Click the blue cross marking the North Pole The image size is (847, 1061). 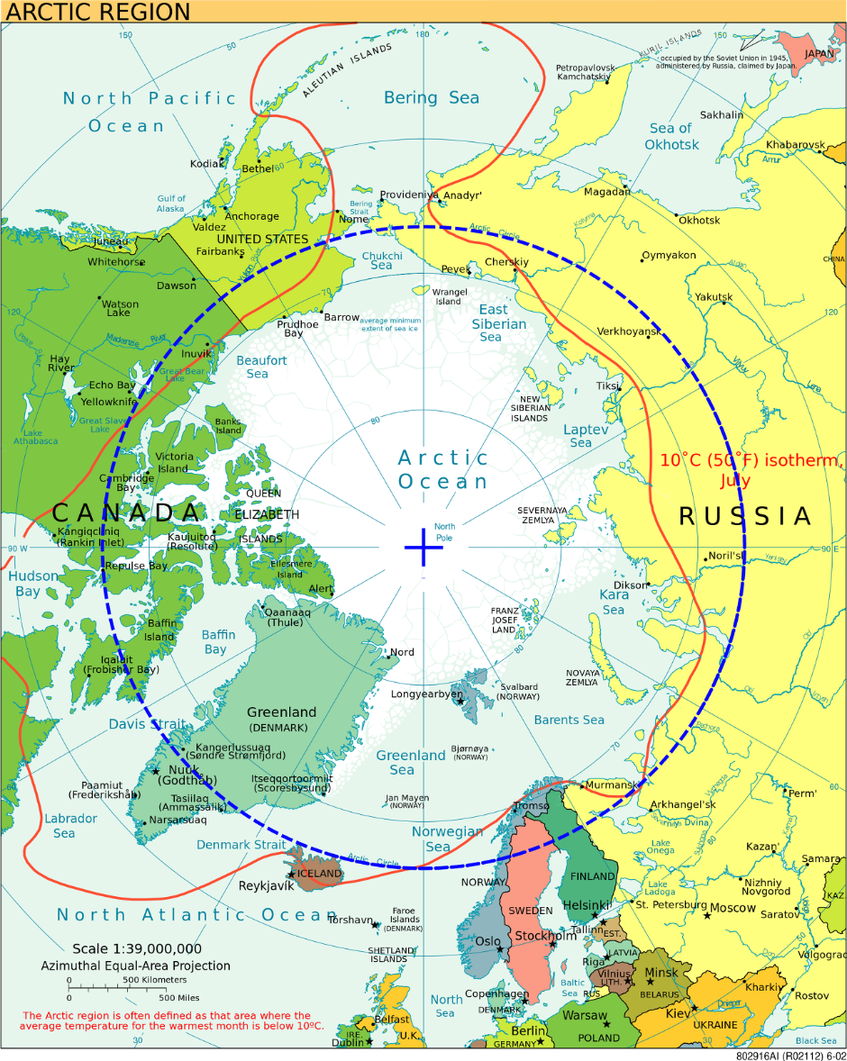(423, 548)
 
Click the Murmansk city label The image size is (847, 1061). (611, 785)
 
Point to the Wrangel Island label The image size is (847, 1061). (449, 296)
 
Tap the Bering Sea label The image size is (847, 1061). (432, 97)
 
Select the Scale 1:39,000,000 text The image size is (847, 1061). (137, 948)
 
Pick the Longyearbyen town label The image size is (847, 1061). (426, 694)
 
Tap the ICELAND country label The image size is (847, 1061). (320, 873)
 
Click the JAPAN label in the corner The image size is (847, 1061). (818, 53)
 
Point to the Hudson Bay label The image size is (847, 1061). (32, 584)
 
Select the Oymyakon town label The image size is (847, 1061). (669, 255)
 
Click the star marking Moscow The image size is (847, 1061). (707, 916)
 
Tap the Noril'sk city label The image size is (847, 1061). (728, 556)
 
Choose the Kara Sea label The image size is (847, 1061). (614, 602)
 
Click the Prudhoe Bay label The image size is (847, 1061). (297, 329)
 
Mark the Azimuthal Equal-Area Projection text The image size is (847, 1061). (135, 966)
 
